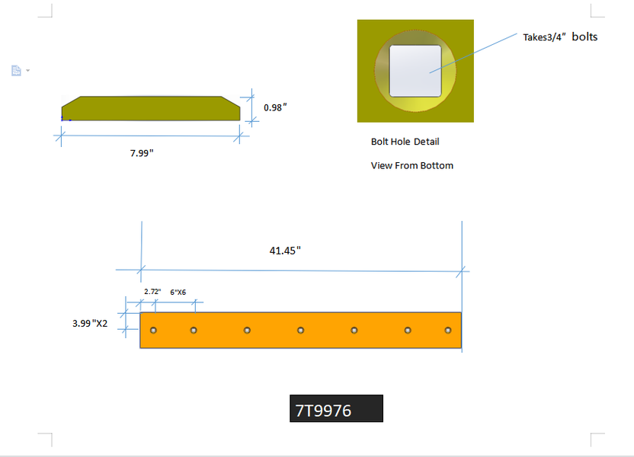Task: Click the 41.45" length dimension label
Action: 285,251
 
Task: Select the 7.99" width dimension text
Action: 142,153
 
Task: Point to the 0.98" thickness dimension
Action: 275,107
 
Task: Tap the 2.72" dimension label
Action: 152,291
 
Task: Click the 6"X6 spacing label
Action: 178,292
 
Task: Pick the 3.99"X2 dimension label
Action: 90,323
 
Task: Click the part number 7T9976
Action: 323,411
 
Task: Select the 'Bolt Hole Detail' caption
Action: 405,142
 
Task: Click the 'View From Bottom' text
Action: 412,166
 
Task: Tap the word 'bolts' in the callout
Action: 584,37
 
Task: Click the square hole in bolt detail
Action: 415,71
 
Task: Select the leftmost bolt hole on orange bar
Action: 153,331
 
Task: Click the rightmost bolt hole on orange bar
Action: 447,331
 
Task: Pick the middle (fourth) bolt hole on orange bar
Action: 300,331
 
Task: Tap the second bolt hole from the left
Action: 194,331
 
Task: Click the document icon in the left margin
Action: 16,71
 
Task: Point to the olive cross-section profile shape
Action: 151,108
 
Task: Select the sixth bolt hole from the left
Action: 408,331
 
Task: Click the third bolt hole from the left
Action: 247,331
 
